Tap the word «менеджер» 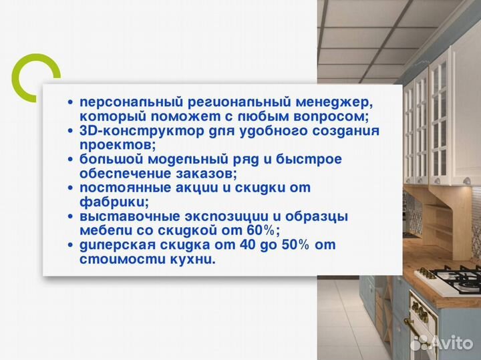click(335, 102)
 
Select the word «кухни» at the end click(197, 259)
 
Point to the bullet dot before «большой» click(71, 160)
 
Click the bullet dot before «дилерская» click(71, 246)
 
